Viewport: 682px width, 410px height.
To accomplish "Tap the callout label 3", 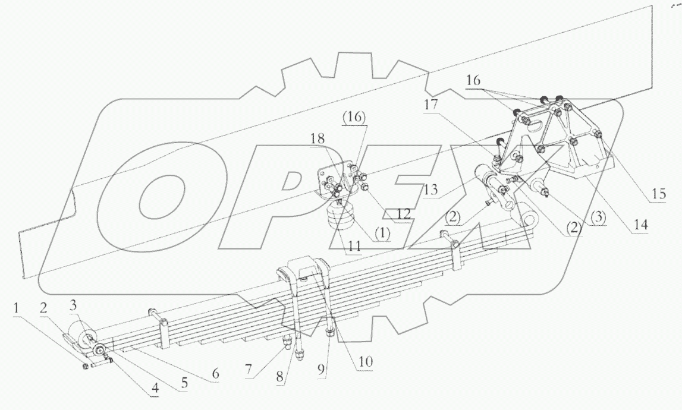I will click(73, 305).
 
